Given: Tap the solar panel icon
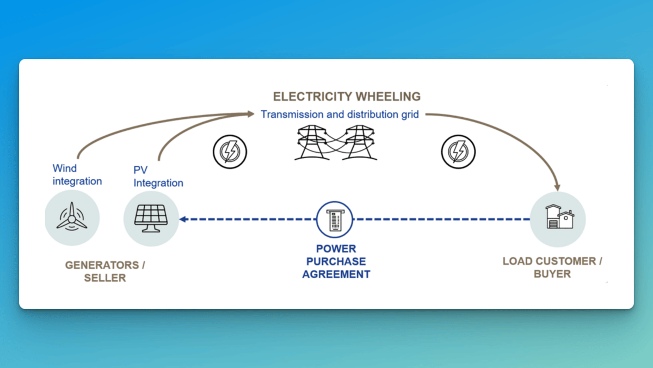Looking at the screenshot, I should tap(151, 219).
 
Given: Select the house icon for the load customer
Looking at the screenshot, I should tap(557, 219).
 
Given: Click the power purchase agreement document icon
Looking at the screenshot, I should tap(335, 219).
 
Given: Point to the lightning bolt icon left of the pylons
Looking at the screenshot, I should tap(230, 150).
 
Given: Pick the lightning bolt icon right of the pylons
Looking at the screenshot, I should tap(458, 150).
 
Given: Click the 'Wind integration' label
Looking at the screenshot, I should tap(77, 174).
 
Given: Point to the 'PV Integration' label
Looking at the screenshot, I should tap(158, 177).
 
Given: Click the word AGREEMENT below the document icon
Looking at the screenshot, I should tap(336, 274).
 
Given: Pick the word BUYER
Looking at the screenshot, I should tap(552, 274).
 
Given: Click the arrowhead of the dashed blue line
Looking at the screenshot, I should tap(184, 219).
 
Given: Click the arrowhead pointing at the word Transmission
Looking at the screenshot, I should tap(251, 114).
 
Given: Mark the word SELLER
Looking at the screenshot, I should tap(104, 278).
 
